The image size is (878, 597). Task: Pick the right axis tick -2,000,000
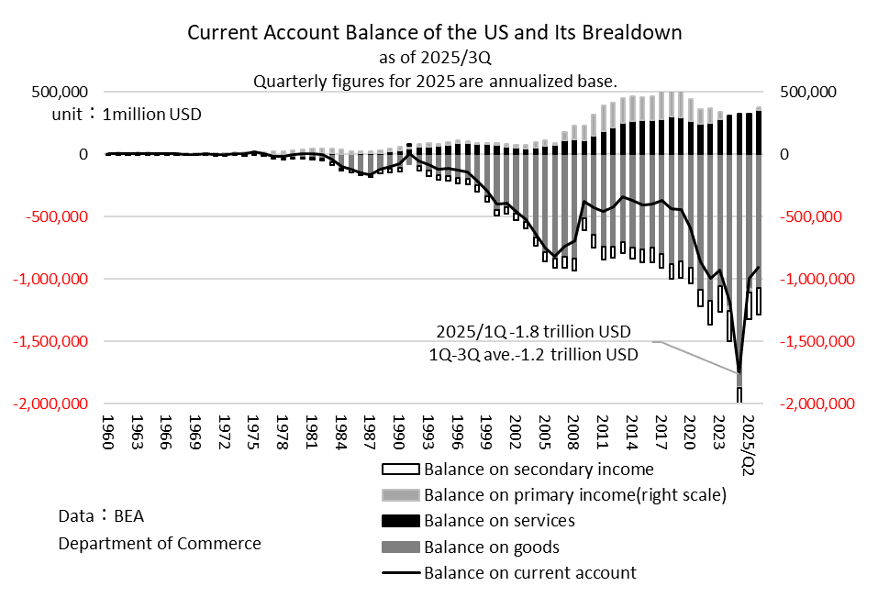(817, 404)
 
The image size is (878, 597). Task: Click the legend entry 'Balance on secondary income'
(538, 470)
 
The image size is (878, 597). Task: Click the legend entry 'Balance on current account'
(529, 573)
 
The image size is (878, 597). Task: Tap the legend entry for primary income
(574, 495)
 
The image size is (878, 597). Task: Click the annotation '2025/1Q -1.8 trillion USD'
(533, 331)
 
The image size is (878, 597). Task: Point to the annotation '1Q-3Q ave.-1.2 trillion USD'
(533, 353)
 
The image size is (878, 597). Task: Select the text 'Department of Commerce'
(160, 544)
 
